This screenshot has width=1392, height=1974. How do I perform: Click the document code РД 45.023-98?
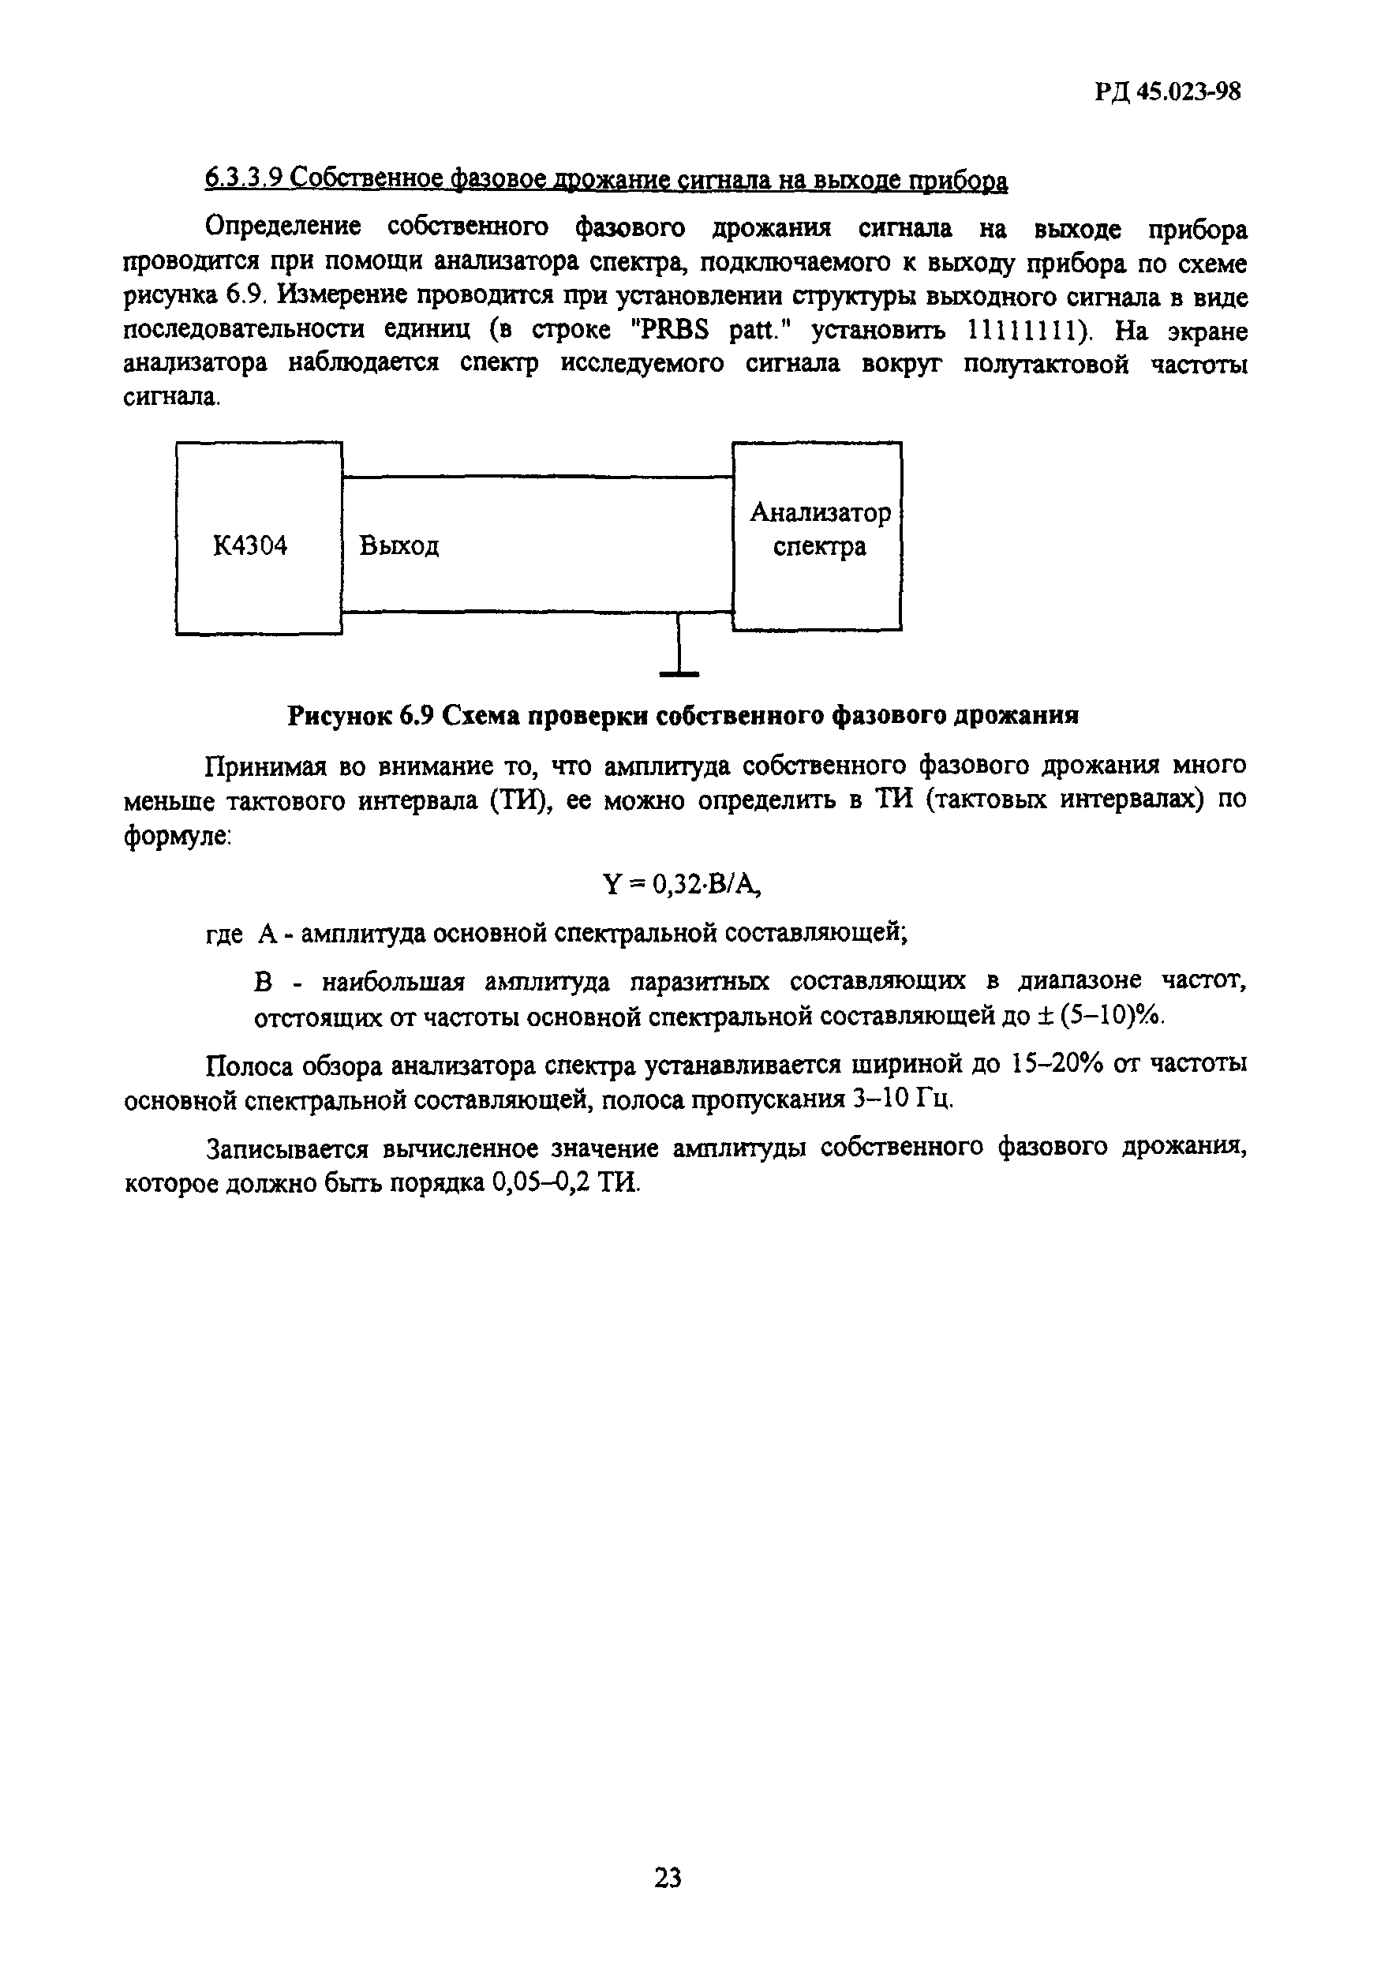[x=1168, y=92]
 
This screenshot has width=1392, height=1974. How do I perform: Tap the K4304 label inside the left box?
[x=250, y=545]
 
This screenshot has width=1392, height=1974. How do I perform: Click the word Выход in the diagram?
[x=399, y=545]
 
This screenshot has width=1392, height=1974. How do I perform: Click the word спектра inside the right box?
[x=819, y=547]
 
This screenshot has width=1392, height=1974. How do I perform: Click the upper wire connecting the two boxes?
[x=537, y=478]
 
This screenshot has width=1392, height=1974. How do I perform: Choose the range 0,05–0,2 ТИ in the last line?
[x=566, y=1183]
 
